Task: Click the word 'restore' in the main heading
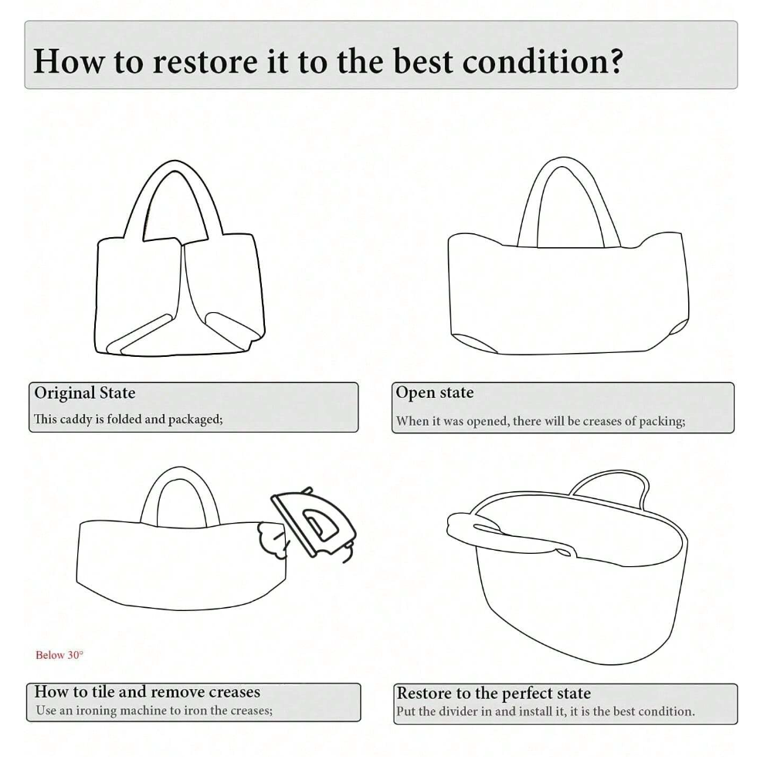pyautogui.click(x=205, y=61)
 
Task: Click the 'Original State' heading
pyautogui.click(x=85, y=392)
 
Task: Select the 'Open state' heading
pyautogui.click(x=435, y=392)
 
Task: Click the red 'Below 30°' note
pyautogui.click(x=59, y=655)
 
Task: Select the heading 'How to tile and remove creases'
pyautogui.click(x=148, y=691)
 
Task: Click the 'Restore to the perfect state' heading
pyautogui.click(x=494, y=693)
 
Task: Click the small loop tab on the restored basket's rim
pyautogui.click(x=565, y=552)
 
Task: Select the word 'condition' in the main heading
pyautogui.click(x=534, y=61)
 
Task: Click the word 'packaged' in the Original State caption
pyautogui.click(x=195, y=419)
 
